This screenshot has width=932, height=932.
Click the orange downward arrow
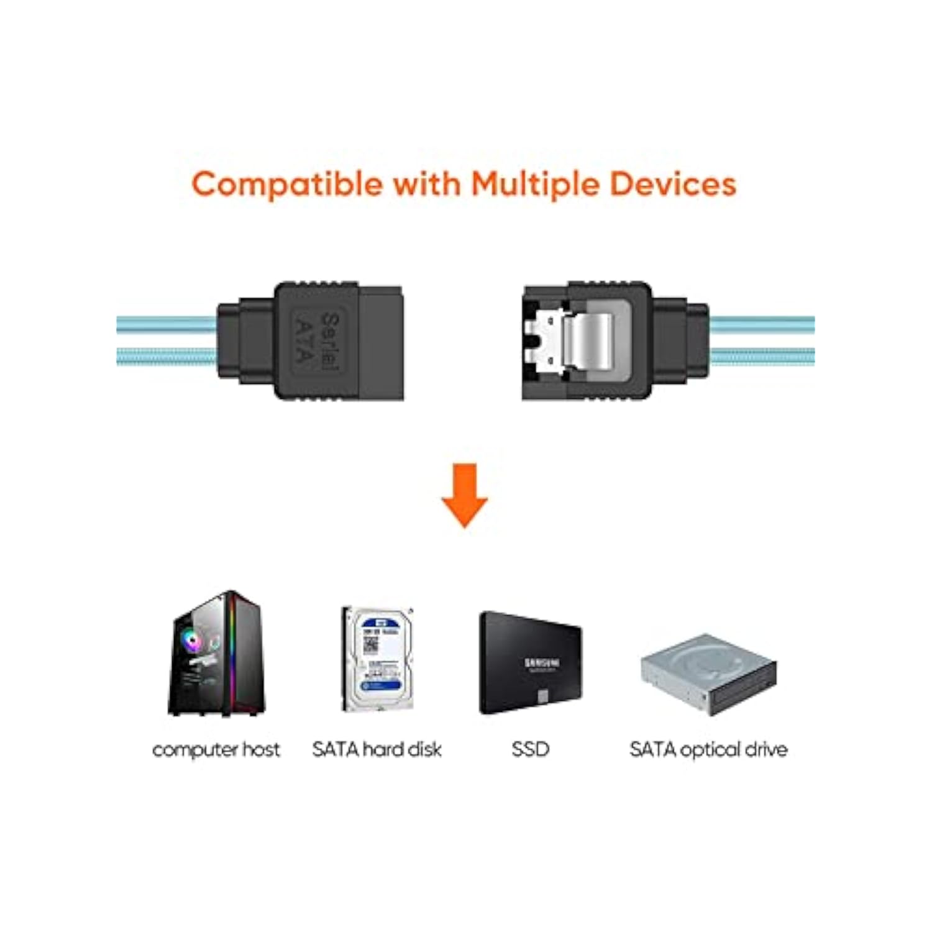click(x=465, y=495)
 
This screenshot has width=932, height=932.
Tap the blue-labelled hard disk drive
click(x=378, y=659)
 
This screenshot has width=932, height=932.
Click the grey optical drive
click(x=709, y=674)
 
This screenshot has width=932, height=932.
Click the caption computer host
click(x=216, y=749)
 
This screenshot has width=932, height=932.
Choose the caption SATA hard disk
click(x=377, y=749)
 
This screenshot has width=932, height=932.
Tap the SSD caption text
click(x=530, y=749)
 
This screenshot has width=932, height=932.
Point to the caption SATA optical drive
click(x=708, y=749)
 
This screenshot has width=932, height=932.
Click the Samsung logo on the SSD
click(x=542, y=663)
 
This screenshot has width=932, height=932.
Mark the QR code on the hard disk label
click(x=370, y=644)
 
